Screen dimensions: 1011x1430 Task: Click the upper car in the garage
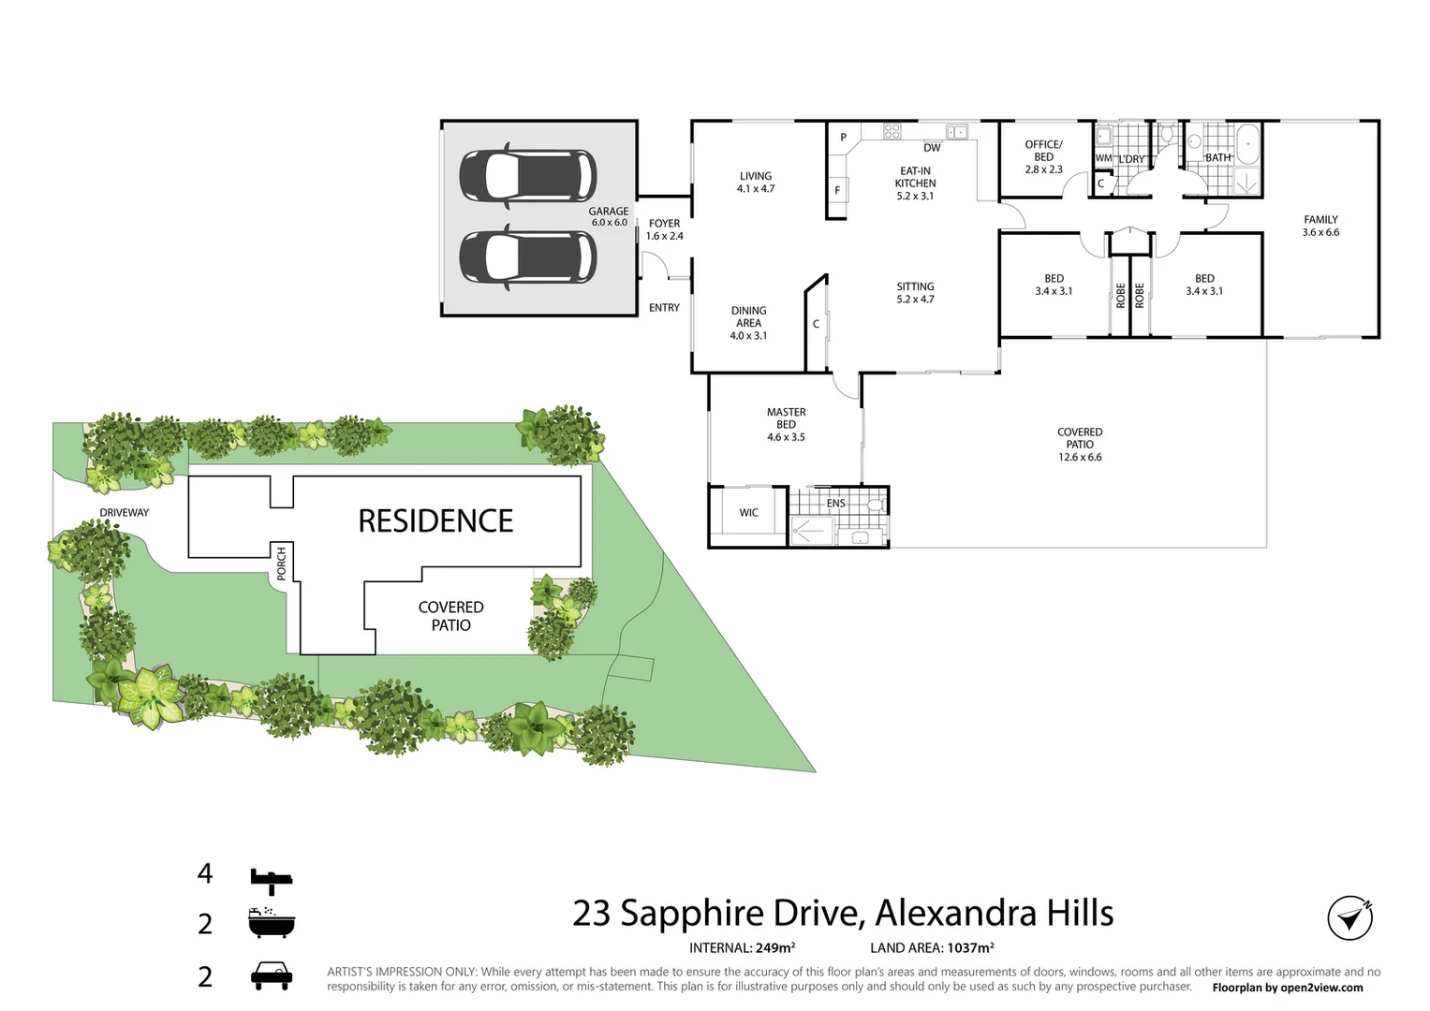527,176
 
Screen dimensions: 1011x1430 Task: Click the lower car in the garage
527,256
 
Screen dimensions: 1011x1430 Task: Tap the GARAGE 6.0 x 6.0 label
609,217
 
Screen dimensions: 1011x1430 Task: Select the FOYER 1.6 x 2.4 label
664,229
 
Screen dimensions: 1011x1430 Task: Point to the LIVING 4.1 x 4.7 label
756,182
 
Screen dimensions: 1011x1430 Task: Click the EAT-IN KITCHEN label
915,183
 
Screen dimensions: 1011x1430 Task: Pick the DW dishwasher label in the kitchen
932,148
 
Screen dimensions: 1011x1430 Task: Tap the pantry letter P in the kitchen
843,138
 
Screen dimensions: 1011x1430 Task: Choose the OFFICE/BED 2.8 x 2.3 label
1043,156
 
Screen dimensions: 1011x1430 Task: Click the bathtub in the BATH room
1248,145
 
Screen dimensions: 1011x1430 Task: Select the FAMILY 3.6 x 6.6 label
1320,226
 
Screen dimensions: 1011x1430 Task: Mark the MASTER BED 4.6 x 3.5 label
786,424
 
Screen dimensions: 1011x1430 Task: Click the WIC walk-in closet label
749,513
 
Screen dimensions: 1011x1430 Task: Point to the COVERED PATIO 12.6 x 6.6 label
1080,445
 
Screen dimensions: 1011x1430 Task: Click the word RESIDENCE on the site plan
435,521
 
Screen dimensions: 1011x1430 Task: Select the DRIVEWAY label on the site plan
125,513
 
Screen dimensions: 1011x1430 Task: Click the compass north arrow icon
1349,917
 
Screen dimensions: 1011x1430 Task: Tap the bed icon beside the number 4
271,877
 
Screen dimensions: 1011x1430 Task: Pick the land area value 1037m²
969,948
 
